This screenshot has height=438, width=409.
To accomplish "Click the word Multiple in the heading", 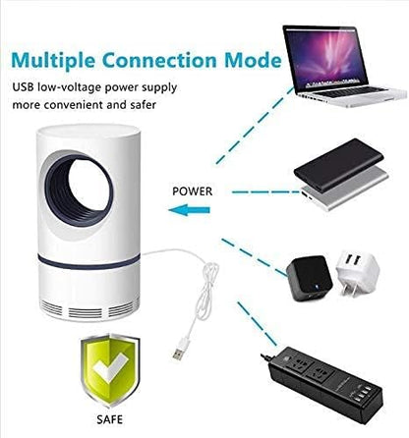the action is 53,61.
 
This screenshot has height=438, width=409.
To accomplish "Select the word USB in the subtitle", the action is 24,87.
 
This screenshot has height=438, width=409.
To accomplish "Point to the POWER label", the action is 193,192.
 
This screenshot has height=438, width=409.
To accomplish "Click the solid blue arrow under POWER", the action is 189,209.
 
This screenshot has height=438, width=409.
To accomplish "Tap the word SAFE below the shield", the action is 110,419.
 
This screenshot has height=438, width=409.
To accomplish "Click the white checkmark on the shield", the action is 110,369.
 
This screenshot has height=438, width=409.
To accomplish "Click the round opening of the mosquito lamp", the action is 79,189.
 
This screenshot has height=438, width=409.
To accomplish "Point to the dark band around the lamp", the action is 88,262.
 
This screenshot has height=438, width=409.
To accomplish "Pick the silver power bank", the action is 345,192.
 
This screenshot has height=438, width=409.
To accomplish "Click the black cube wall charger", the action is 310,278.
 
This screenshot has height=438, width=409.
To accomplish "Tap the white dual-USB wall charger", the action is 357,273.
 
